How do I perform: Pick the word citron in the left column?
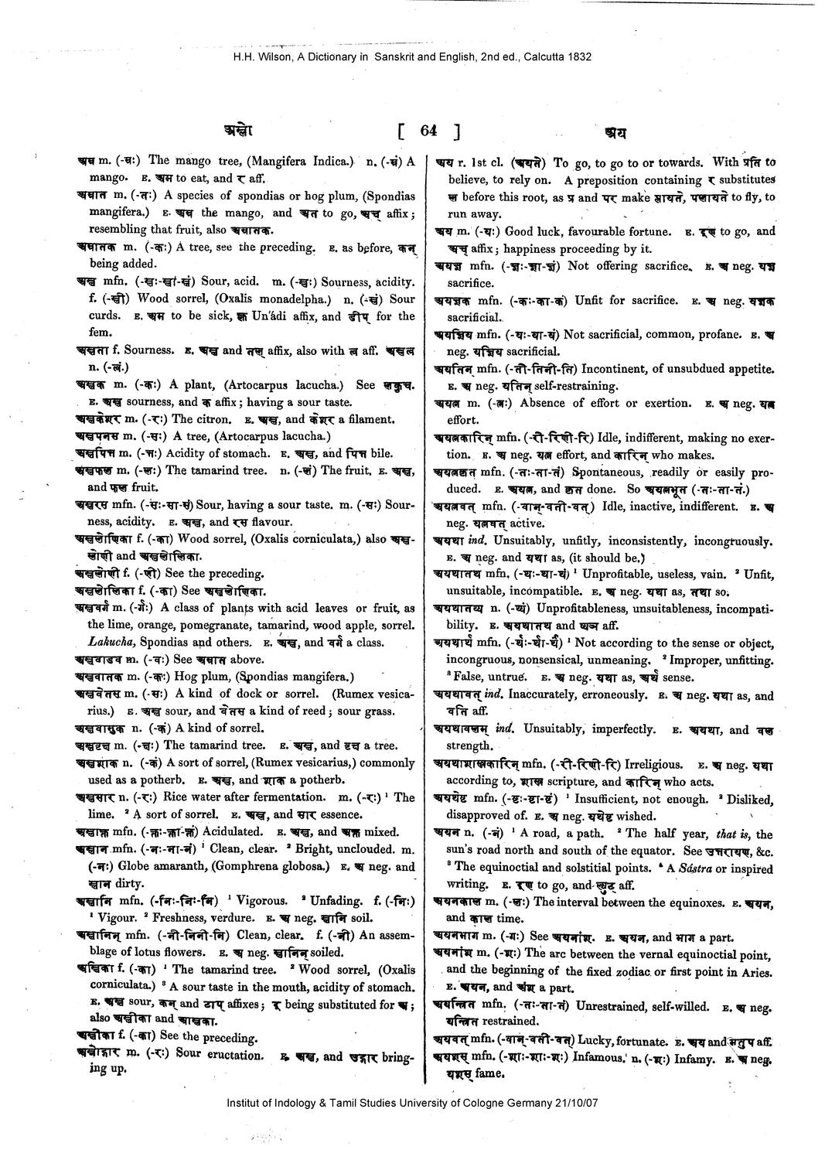point(216,419)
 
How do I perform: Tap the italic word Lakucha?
point(111,642)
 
